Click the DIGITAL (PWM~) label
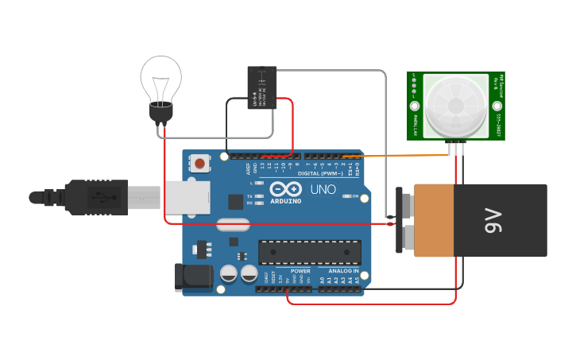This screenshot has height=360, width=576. tap(320, 172)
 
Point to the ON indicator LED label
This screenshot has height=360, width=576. tap(355, 196)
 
